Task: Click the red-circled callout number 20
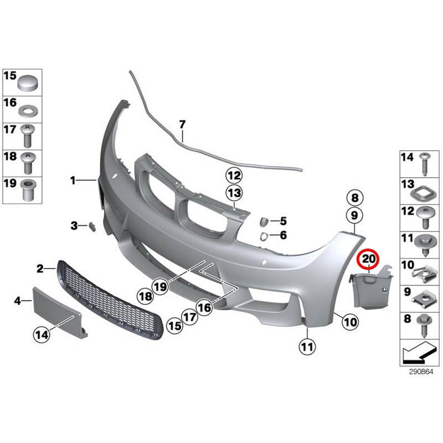pyautogui.click(x=368, y=259)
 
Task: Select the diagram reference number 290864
pyautogui.click(x=421, y=372)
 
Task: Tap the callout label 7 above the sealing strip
pyautogui.click(x=182, y=124)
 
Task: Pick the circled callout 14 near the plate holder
pyautogui.click(x=42, y=335)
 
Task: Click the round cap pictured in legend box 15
pyautogui.click(x=28, y=83)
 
